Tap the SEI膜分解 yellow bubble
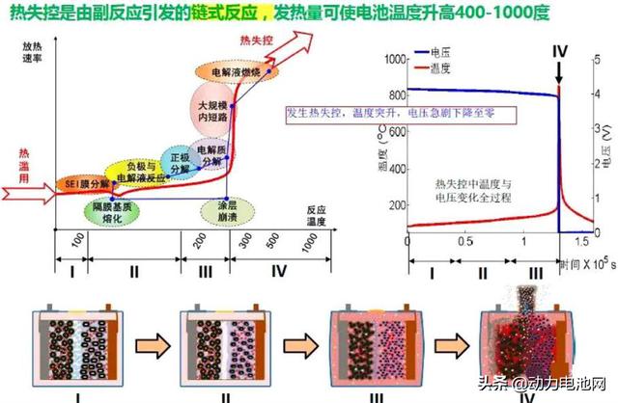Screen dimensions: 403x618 coord(82,183)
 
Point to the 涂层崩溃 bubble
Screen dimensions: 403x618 coord(228,211)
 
